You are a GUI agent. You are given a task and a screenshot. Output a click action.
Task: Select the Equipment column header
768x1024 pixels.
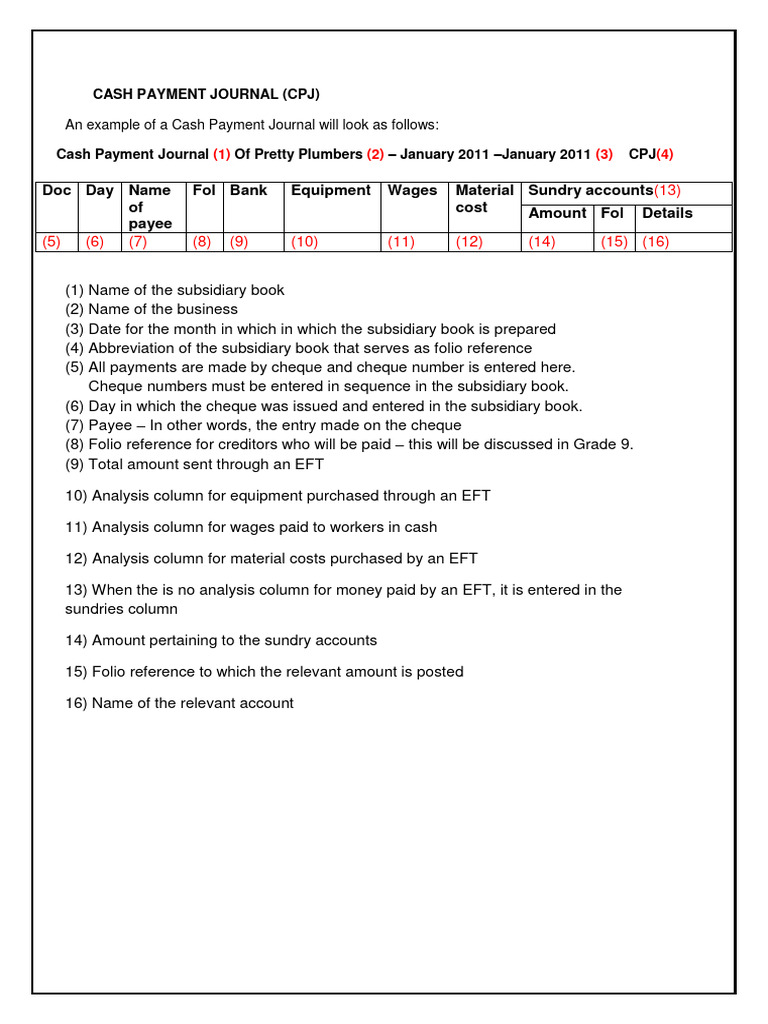tap(330, 190)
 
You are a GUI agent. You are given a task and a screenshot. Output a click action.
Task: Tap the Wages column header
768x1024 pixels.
tap(412, 190)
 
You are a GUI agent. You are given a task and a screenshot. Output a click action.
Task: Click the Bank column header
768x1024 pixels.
tap(249, 190)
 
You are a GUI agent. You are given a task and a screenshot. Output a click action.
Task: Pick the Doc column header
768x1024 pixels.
tap(56, 190)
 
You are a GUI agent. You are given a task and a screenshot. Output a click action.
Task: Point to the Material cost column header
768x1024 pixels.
tap(484, 198)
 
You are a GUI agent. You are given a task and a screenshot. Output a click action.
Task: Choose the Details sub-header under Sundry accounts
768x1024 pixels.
tap(667, 213)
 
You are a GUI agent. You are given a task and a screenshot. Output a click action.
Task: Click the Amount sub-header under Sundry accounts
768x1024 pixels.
tap(557, 213)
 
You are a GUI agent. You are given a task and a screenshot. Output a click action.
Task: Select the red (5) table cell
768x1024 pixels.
tap(52, 242)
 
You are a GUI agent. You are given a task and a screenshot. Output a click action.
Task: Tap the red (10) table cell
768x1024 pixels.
tap(306, 242)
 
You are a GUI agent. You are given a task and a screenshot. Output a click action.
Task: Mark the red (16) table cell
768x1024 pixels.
tap(655, 242)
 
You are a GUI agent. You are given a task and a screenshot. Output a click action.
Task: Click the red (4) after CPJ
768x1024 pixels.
tap(665, 155)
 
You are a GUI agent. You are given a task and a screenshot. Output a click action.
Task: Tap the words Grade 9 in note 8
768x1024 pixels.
tap(604, 445)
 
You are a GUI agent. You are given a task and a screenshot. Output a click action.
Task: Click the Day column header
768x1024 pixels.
tap(99, 190)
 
